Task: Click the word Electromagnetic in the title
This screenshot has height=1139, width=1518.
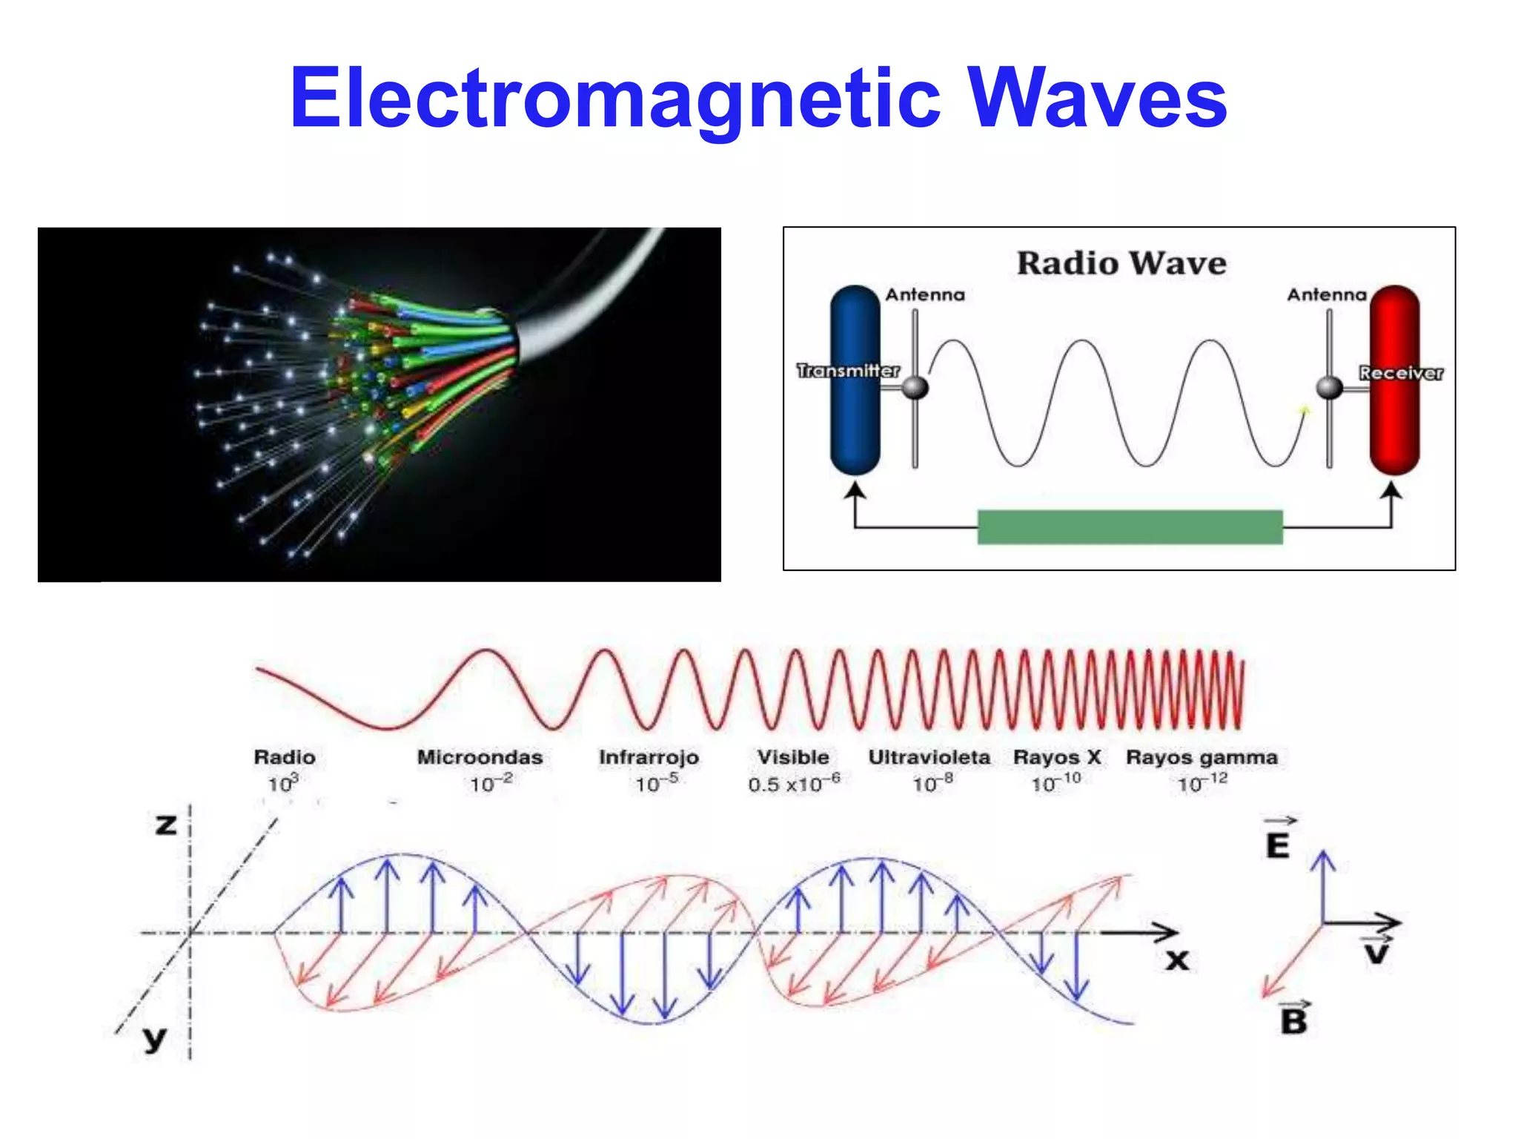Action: (615, 98)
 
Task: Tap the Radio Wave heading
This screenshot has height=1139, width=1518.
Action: (1121, 263)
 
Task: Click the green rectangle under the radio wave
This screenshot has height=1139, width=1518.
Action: (1130, 527)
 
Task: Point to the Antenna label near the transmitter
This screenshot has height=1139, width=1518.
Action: (925, 295)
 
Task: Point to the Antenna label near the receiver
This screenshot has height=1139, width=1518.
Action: (1327, 295)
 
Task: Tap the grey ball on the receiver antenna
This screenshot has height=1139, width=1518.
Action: (1330, 387)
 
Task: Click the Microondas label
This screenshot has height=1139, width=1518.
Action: (480, 757)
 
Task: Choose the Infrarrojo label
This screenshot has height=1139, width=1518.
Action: (649, 757)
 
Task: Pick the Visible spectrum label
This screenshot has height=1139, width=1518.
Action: (793, 757)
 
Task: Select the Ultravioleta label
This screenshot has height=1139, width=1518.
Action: (929, 757)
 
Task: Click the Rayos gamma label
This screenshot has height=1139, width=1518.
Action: (1202, 757)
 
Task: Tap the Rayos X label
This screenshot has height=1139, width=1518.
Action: (1057, 757)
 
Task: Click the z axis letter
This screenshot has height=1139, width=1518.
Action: (166, 824)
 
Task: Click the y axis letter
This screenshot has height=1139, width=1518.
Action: (155, 1038)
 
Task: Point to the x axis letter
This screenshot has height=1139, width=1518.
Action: (1176, 961)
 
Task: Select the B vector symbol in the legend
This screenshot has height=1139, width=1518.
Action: (1294, 1020)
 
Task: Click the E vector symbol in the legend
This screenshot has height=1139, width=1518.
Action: (1278, 843)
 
